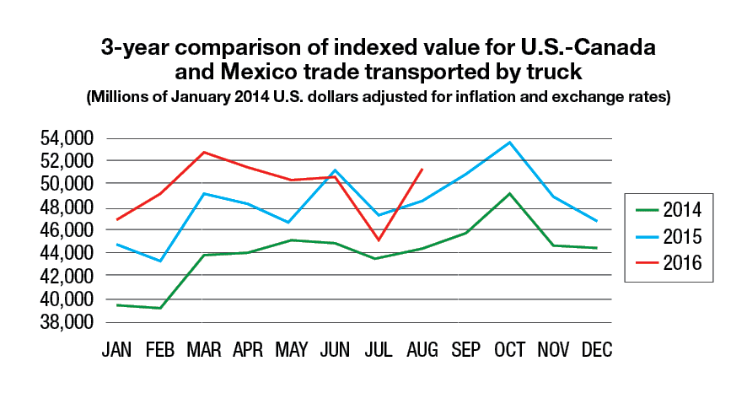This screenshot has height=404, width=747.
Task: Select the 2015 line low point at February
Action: tap(159, 261)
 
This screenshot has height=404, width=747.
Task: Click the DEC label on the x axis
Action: tap(597, 349)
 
